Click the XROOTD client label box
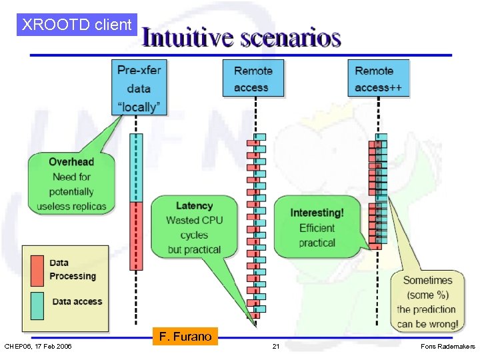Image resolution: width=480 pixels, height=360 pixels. pyautogui.click(x=77, y=25)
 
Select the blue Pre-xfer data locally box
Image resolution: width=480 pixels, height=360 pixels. pyautogui.click(x=139, y=87)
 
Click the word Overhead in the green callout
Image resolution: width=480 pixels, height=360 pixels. pyautogui.click(x=71, y=162)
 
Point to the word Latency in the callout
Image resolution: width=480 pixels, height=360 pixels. pyautogui.click(x=194, y=205)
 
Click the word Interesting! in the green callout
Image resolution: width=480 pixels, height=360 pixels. pyautogui.click(x=317, y=213)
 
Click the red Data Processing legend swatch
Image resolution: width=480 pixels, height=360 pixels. pyautogui.click(x=37, y=270)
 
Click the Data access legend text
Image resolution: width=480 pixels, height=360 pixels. pyautogui.click(x=77, y=301)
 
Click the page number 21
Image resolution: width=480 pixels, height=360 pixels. pyautogui.click(x=275, y=347)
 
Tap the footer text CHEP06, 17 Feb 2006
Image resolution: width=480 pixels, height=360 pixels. pyautogui.click(x=39, y=347)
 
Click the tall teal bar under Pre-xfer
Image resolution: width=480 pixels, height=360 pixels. pyautogui.click(x=136, y=167)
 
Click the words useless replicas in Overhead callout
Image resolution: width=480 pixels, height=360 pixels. pyautogui.click(x=71, y=207)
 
